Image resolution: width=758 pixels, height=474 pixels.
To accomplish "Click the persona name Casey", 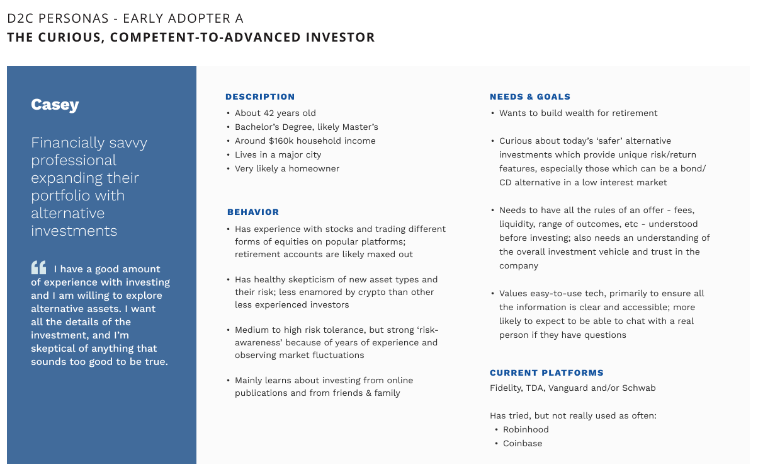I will tap(55, 105).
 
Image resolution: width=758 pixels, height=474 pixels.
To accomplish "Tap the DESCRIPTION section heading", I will tap(260, 96).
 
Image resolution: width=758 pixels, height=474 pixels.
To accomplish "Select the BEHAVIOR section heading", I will tap(253, 212).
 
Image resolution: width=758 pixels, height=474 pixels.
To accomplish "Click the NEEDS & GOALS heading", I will tap(530, 96).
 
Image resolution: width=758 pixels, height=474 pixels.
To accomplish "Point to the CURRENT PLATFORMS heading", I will tap(546, 373).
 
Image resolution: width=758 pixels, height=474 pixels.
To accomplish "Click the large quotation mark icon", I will tap(38, 268).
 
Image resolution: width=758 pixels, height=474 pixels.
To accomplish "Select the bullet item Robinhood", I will tap(526, 429).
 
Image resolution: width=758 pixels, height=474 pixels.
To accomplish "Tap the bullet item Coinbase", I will tap(522, 443).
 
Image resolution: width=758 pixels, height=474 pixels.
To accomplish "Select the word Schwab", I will tap(639, 388).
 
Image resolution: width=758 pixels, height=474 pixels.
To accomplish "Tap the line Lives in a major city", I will tap(278, 154).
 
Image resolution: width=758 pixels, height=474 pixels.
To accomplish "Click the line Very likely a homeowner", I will tap(286, 168).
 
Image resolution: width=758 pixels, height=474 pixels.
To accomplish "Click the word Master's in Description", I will tap(360, 127).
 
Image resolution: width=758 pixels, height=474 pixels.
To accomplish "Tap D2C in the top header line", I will tap(20, 18).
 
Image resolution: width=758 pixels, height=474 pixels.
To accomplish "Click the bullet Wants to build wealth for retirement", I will tap(578, 113).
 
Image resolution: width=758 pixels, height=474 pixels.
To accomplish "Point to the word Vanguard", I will tap(568, 388).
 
